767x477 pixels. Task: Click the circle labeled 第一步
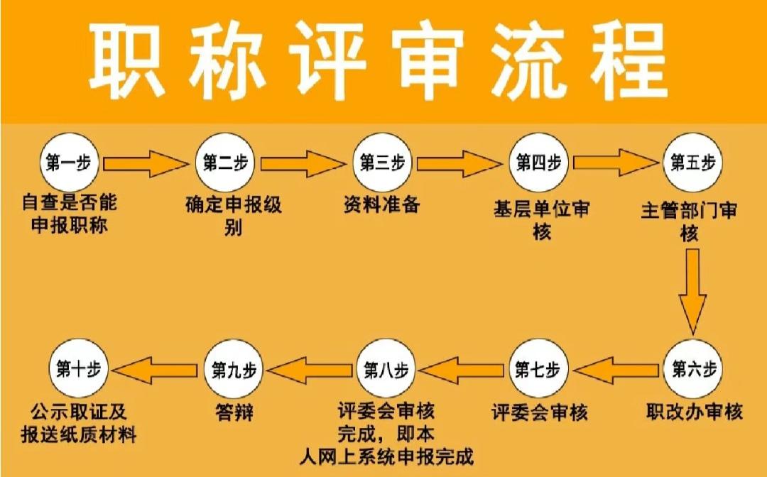tap(69, 163)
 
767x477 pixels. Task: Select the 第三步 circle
tap(382, 163)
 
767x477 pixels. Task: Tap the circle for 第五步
tap(692, 163)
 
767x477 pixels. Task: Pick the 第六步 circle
tap(693, 369)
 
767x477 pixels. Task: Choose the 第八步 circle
tap(386, 369)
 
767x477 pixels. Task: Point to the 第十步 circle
tap(78, 369)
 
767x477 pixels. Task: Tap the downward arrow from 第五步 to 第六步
tap(692, 292)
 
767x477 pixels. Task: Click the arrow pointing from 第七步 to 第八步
tap(461, 370)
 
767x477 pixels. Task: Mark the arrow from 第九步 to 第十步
tap(154, 370)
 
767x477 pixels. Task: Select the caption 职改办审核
tap(694, 412)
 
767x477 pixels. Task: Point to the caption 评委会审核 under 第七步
tap(540, 412)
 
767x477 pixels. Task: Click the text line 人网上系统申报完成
tap(386, 456)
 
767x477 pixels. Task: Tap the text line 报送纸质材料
tap(78, 434)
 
